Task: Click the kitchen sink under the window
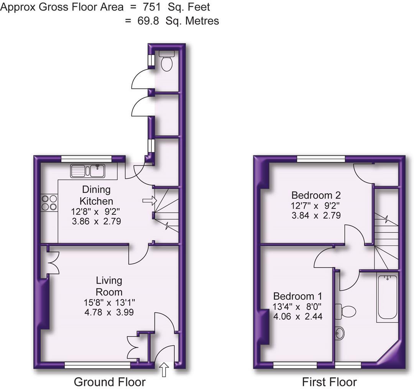coord(88,171)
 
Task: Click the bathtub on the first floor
coord(387,297)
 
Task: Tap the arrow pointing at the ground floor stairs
coord(149,200)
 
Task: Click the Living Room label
coord(109,286)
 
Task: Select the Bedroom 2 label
coord(316,195)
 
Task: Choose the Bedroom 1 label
coord(297,296)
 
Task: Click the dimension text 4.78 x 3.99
coord(109,312)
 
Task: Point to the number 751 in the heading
coord(152,7)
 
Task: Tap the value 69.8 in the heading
coord(149,21)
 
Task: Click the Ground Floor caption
coord(109,382)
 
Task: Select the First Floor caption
coord(329,382)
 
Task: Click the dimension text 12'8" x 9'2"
coord(95,211)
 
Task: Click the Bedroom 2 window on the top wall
coord(321,159)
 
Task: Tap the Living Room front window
coord(97,365)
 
